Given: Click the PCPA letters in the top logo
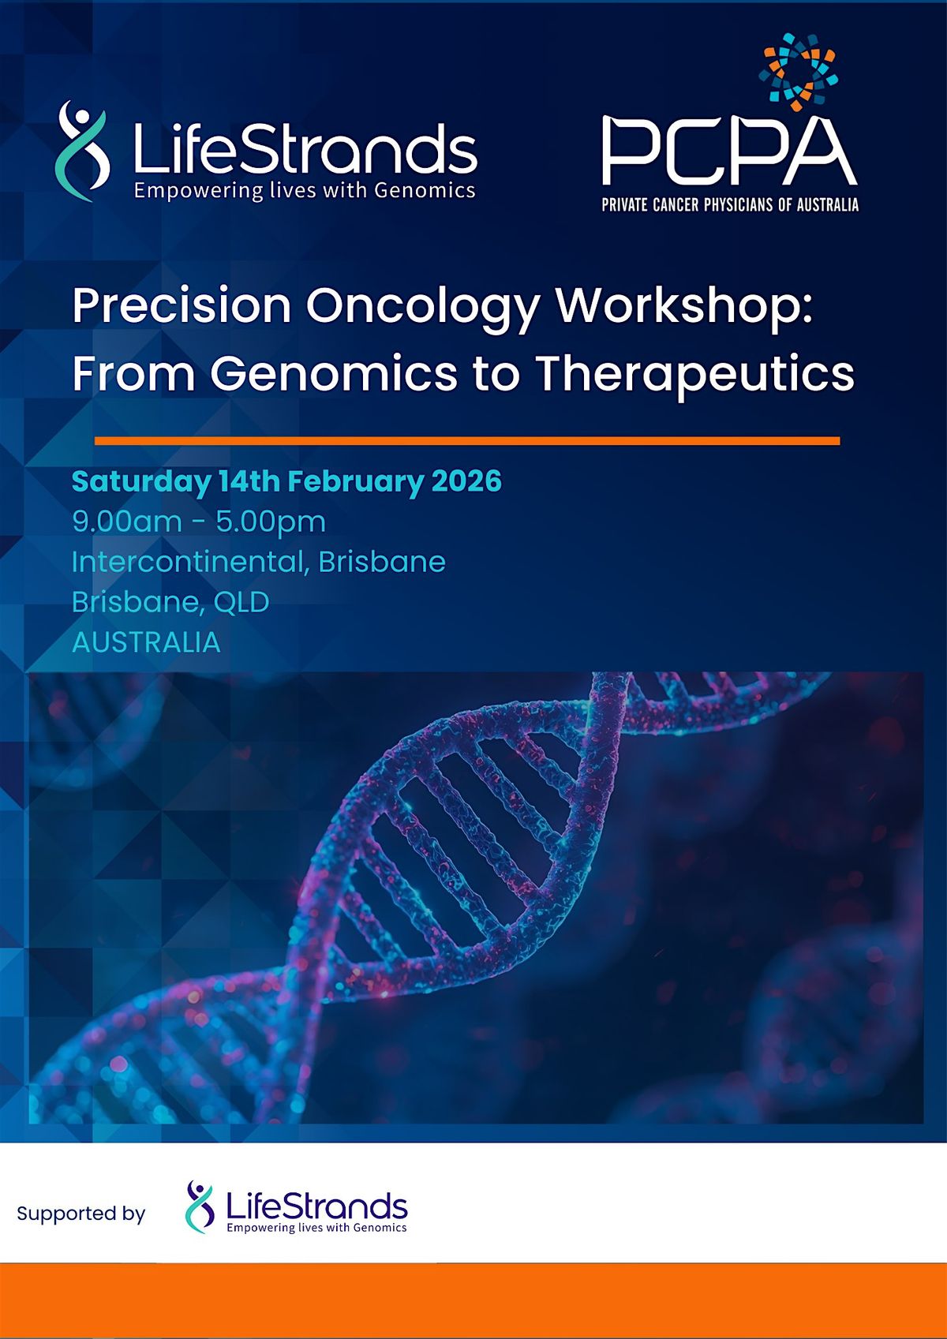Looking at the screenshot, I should tap(729, 152).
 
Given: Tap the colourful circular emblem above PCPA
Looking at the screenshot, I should tap(798, 72).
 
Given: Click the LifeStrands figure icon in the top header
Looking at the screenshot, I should tap(82, 150).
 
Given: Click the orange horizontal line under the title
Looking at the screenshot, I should tap(466, 441).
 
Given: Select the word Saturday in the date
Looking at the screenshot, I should tap(140, 481).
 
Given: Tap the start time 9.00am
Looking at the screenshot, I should tap(127, 522).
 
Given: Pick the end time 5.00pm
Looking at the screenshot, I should tap(271, 522).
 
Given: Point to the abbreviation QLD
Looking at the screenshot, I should tap(241, 602).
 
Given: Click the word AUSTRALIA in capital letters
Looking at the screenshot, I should tap(146, 642).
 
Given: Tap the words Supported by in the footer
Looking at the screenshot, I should tap(81, 1214).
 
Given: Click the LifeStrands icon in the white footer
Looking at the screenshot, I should tap(200, 1206).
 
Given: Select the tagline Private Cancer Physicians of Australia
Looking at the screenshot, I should tap(729, 205).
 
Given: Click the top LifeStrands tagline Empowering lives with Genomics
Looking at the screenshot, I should tap(305, 190).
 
